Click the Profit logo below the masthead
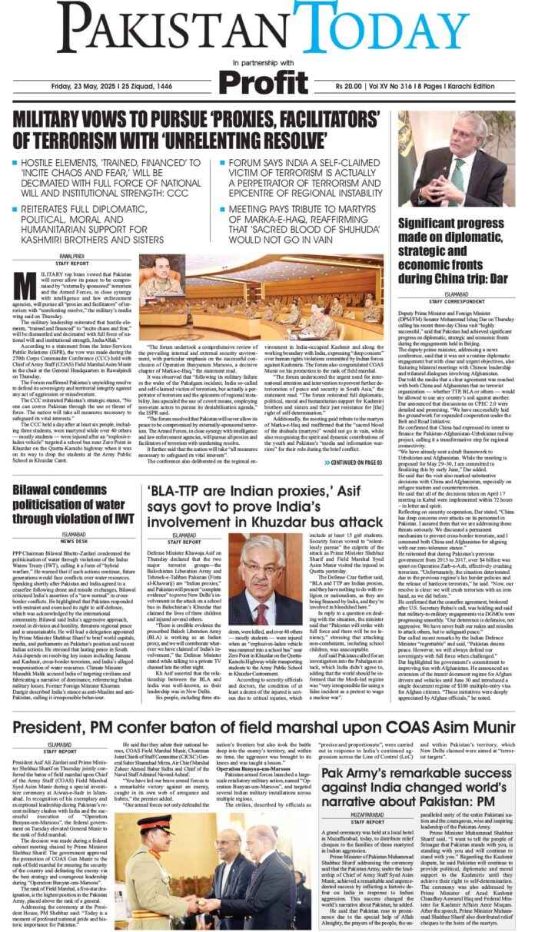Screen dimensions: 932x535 (267, 81)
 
